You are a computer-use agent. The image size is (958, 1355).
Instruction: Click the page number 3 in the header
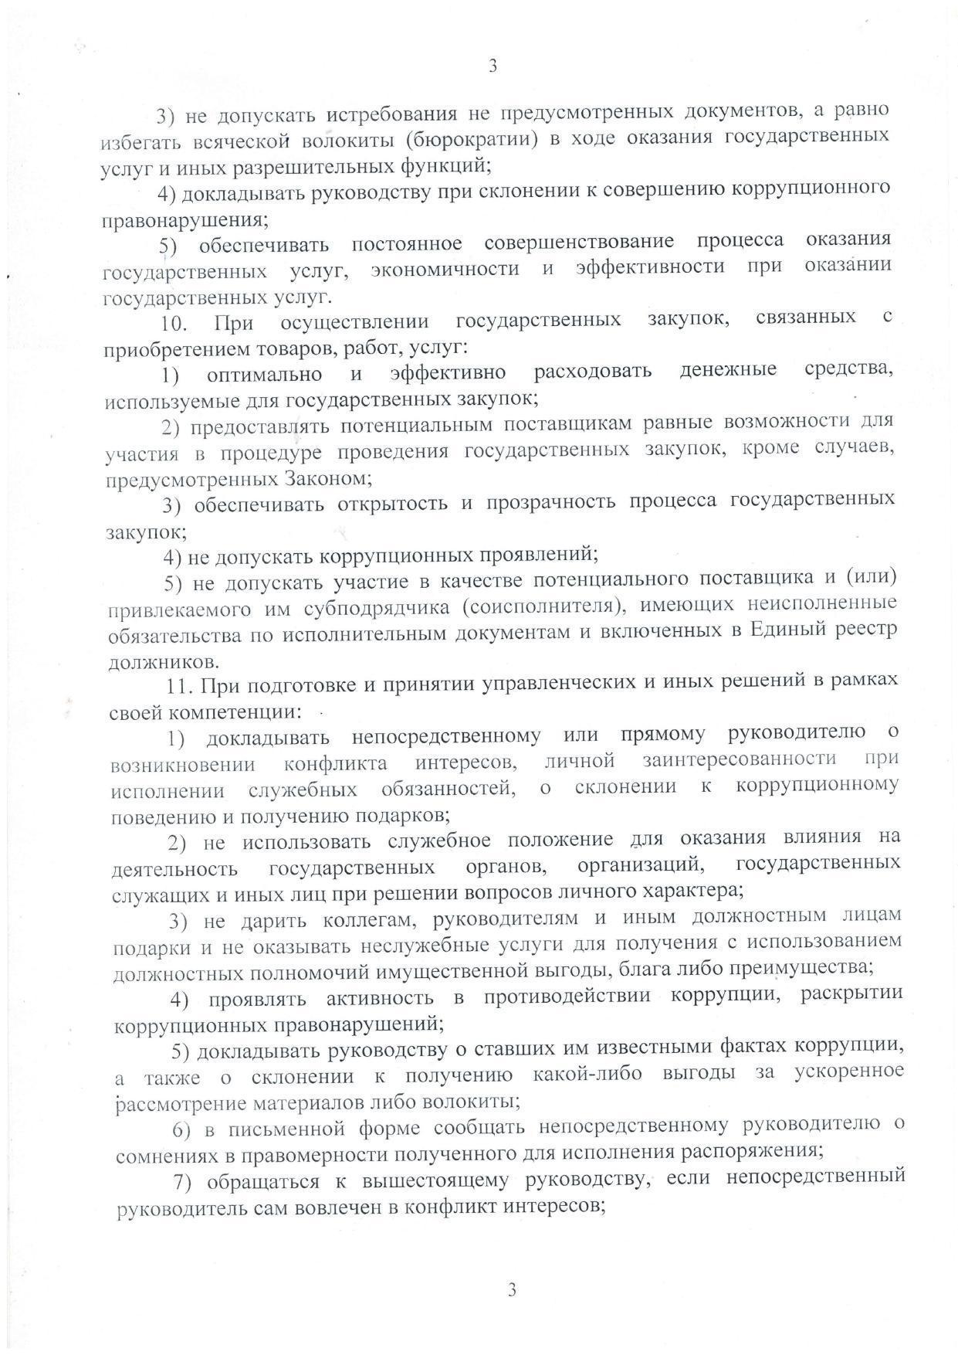coord(493,66)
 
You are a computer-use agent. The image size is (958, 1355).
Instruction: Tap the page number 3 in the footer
coord(511,1289)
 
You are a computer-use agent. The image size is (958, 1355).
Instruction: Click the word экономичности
coord(444,269)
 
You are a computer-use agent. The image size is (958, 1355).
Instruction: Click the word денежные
coord(728,371)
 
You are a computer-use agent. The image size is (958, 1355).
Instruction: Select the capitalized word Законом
coord(327,479)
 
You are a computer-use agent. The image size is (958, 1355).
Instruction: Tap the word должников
coord(163,662)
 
